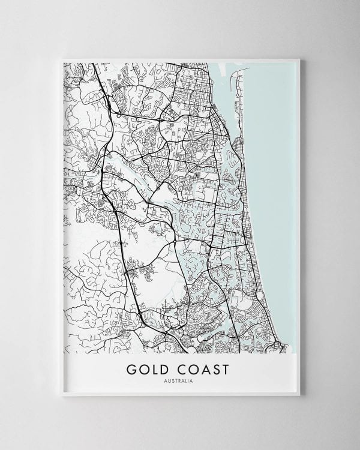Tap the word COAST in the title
199,369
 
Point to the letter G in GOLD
131,369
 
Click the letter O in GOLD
143,369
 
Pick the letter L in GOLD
153,369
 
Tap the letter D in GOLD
163,369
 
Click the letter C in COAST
178,369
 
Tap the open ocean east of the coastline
273,180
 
